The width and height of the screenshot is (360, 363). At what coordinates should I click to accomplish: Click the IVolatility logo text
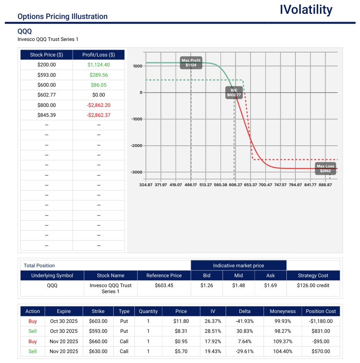tap(306, 10)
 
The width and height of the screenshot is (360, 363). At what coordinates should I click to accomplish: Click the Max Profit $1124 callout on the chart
tap(191, 63)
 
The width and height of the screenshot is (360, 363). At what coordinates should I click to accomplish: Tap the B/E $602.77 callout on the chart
tap(234, 92)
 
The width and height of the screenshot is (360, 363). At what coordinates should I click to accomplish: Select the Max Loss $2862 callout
tap(325, 169)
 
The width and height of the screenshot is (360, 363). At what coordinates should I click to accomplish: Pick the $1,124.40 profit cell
tap(99, 65)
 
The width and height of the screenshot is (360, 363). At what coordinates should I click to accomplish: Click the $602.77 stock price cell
tap(47, 95)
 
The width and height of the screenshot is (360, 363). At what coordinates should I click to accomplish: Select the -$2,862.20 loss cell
tap(99, 105)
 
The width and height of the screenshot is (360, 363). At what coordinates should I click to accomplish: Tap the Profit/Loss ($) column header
tap(99, 55)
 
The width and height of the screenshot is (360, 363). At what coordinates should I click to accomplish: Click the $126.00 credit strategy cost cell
tap(313, 285)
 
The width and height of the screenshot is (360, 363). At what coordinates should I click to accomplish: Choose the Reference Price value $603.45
tap(164, 285)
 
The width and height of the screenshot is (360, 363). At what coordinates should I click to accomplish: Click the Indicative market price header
tap(239, 266)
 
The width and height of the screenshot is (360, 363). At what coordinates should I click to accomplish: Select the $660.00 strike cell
tap(98, 341)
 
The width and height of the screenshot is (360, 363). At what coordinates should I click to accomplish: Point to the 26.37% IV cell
tap(213, 321)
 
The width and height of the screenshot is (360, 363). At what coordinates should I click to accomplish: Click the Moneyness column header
tap(282, 311)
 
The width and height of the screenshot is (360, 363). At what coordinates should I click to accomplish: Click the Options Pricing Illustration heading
tap(62, 16)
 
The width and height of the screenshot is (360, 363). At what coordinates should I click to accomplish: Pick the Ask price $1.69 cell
tap(270, 285)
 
